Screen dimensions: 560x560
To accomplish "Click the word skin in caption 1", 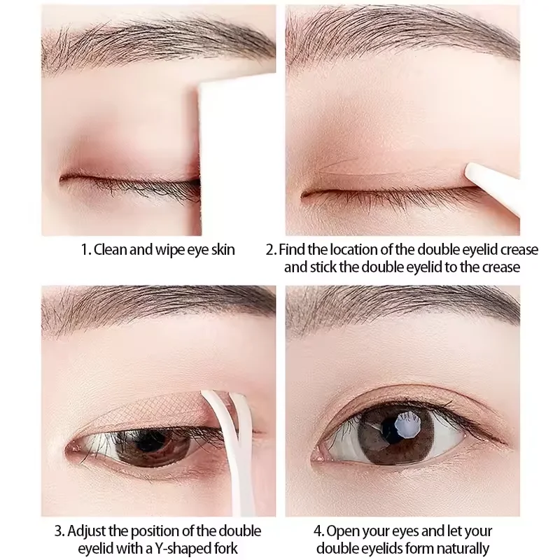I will point(221,250).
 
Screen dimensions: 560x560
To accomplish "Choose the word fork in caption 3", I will point(212,548).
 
